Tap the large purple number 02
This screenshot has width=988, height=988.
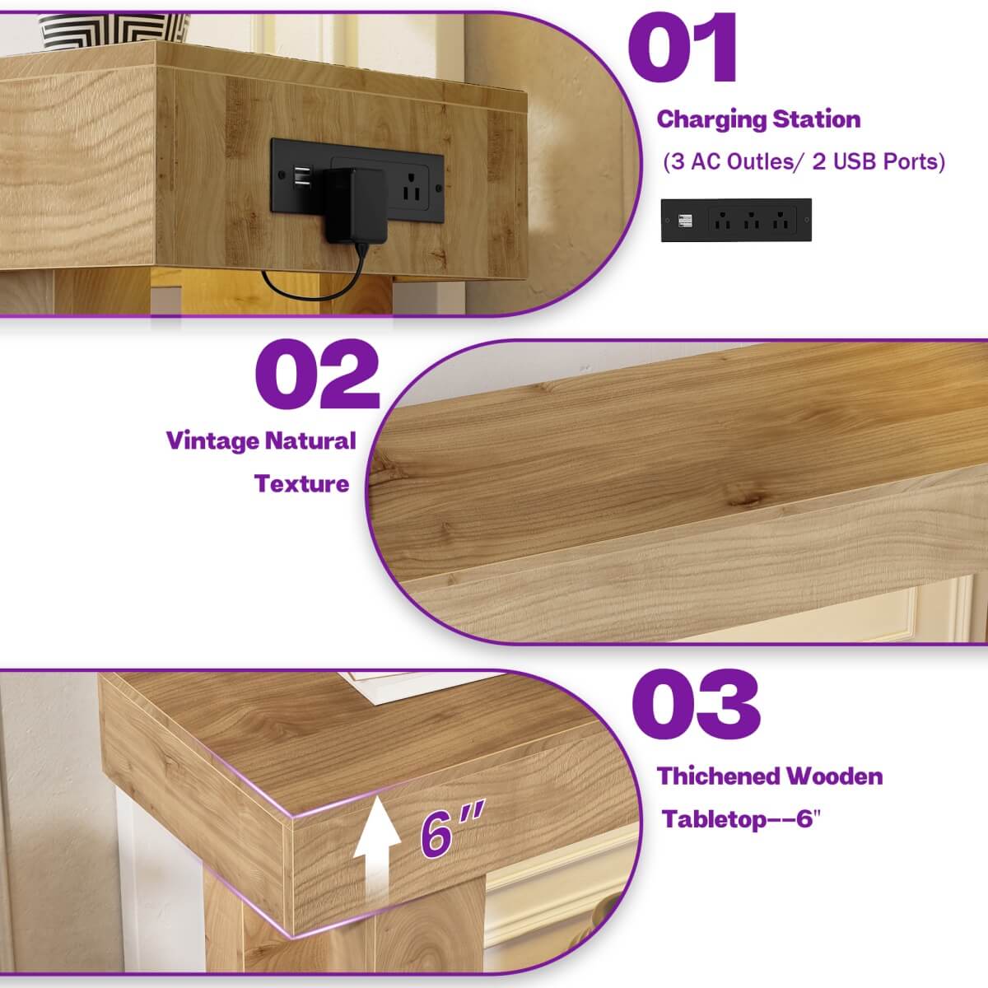coord(317,376)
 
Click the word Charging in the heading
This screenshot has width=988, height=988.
coord(706,120)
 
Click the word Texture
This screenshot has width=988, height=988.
coord(301,483)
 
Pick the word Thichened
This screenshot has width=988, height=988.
coord(717,776)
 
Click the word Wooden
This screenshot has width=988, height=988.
coord(834,776)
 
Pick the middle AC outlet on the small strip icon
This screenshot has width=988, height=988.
coord(750,221)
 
